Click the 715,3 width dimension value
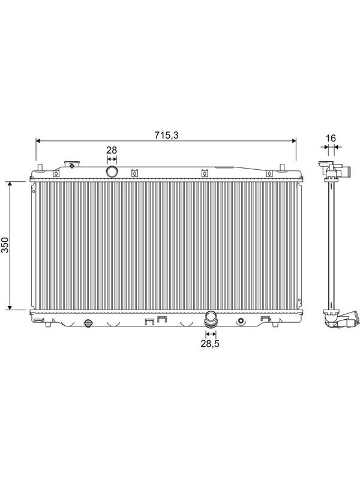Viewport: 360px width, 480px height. (166, 135)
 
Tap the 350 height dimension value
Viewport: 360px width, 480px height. (5, 245)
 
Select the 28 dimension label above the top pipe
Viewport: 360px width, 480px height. (112, 150)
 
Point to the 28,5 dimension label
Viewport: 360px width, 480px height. (210, 343)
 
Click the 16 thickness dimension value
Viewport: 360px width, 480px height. (331, 138)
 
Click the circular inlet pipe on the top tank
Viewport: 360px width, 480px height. (112, 172)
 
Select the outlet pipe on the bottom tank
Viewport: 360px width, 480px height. (211, 319)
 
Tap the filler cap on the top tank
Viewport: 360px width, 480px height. (71, 164)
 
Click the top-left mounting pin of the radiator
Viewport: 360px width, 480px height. (40, 168)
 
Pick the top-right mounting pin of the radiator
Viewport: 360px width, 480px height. (282, 167)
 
